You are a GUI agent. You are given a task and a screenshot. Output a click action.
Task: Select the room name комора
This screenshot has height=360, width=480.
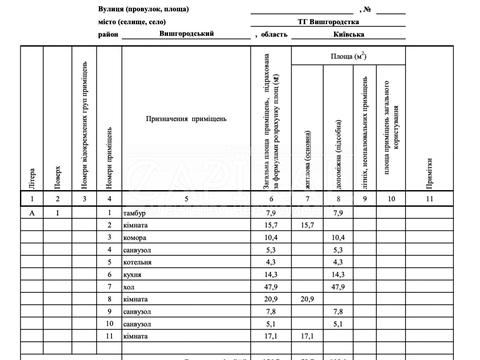pyautogui.click(x=134, y=237)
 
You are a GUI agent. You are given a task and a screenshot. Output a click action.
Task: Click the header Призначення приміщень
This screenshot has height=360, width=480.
pyautogui.click(x=185, y=119)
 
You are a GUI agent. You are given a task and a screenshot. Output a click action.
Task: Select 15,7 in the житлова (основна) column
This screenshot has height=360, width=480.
pyautogui.click(x=305, y=226)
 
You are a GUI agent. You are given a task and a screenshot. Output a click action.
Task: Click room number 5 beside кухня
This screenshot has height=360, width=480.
pyautogui.click(x=108, y=261)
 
